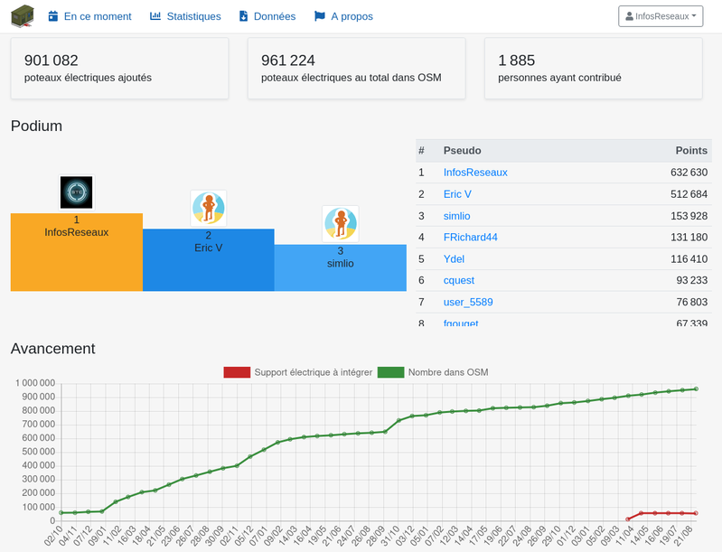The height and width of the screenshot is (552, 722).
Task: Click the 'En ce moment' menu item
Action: tap(89, 16)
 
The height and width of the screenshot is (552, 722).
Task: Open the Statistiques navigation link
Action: tap(185, 16)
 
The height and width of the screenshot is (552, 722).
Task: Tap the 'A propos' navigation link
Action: tap(343, 16)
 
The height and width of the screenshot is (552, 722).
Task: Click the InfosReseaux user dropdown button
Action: tap(661, 16)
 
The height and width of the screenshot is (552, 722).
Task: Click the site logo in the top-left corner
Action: tap(23, 16)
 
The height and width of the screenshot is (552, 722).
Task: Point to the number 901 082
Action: tap(52, 61)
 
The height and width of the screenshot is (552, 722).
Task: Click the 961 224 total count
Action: tap(288, 61)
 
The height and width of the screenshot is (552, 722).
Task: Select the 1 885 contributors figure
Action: tap(517, 61)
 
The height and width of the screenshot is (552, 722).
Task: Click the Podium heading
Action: tap(36, 126)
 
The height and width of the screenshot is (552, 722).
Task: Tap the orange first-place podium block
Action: tap(77, 252)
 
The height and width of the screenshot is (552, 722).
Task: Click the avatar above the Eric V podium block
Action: tap(209, 208)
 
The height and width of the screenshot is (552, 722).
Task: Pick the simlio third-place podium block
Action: tap(340, 267)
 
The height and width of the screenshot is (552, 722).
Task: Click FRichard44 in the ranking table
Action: tap(470, 238)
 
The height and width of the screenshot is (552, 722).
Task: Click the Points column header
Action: tap(691, 151)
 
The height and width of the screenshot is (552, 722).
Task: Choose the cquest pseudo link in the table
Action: tap(459, 281)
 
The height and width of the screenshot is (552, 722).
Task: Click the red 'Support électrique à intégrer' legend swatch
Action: tap(237, 371)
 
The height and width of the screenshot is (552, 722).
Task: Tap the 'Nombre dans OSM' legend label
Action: tap(448, 371)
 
